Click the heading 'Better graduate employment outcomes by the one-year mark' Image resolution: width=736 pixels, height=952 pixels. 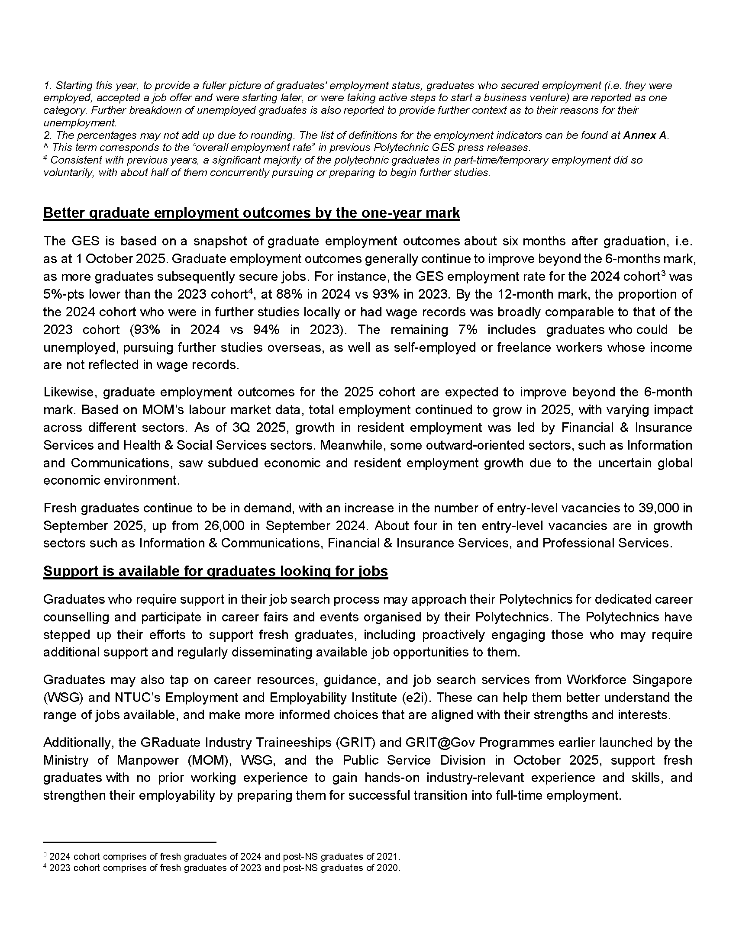click(251, 213)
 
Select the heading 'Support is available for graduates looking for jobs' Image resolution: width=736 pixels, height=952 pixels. click(215, 571)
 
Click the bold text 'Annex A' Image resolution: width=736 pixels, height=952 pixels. click(645, 135)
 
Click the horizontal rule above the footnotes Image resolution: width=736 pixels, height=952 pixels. click(129, 842)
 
